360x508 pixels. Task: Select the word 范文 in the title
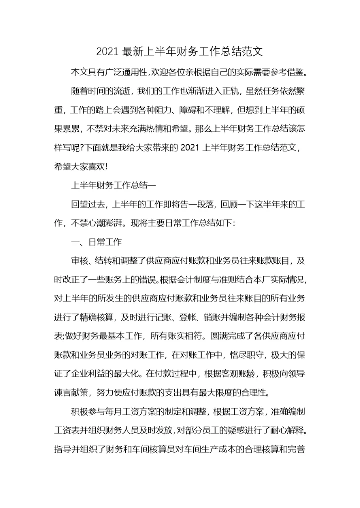(x=252, y=51)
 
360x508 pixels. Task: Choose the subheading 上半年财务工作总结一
(x=114, y=185)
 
